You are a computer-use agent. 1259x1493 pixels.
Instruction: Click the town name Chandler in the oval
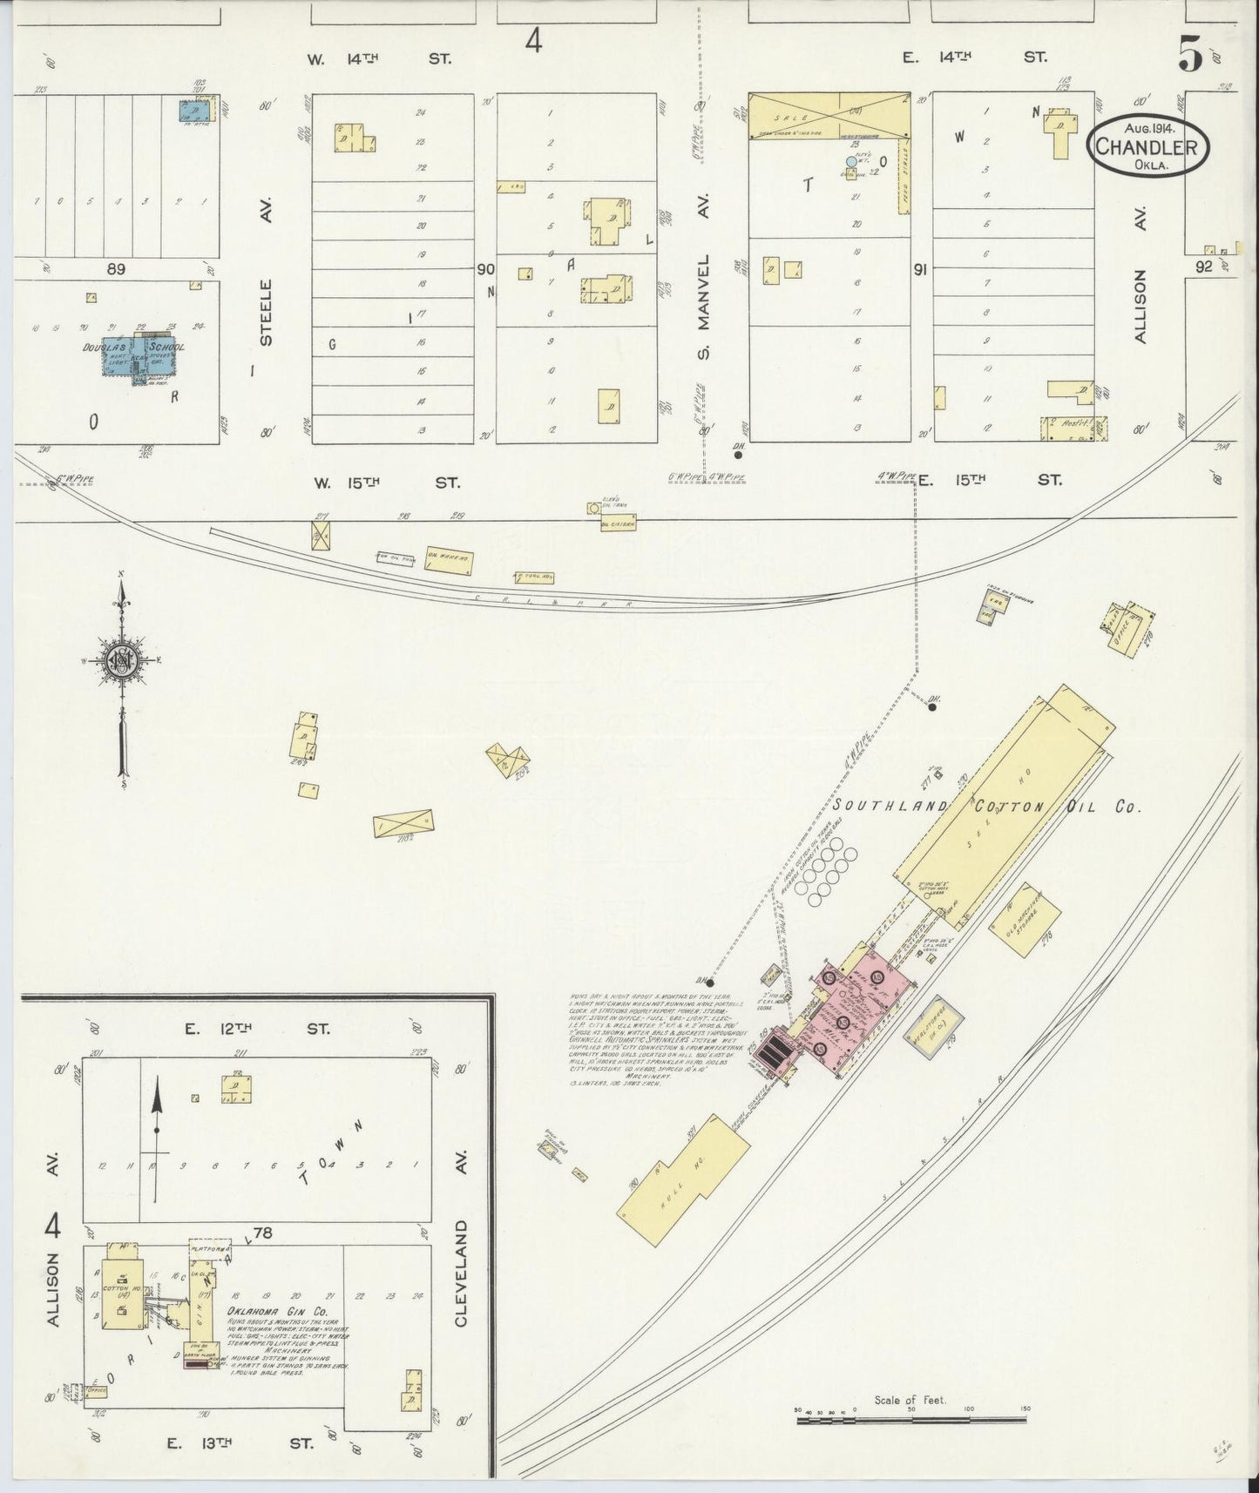[x=1146, y=145]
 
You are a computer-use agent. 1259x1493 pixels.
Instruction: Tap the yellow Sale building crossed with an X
[x=829, y=115]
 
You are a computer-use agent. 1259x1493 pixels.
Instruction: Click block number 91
[x=919, y=271]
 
